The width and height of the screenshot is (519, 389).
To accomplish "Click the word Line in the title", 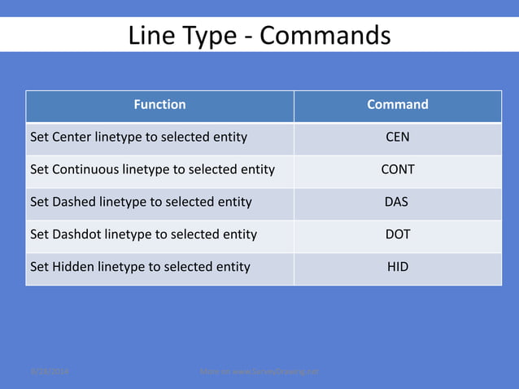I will (150, 36).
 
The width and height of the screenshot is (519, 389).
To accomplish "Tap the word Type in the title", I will (208, 36).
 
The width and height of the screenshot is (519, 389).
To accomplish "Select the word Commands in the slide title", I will (325, 36).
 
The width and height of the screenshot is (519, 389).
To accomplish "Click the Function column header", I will (159, 104).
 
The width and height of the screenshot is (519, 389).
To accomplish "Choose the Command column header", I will (397, 104).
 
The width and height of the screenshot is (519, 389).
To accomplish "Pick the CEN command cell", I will (397, 137).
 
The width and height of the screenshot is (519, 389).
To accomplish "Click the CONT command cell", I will (397, 169).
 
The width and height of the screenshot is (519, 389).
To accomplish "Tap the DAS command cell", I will (396, 202).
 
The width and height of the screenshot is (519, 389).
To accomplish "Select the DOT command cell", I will (397, 234).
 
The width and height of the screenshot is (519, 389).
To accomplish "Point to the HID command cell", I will (397, 267).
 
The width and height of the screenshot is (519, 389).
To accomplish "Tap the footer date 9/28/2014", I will (50, 372).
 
